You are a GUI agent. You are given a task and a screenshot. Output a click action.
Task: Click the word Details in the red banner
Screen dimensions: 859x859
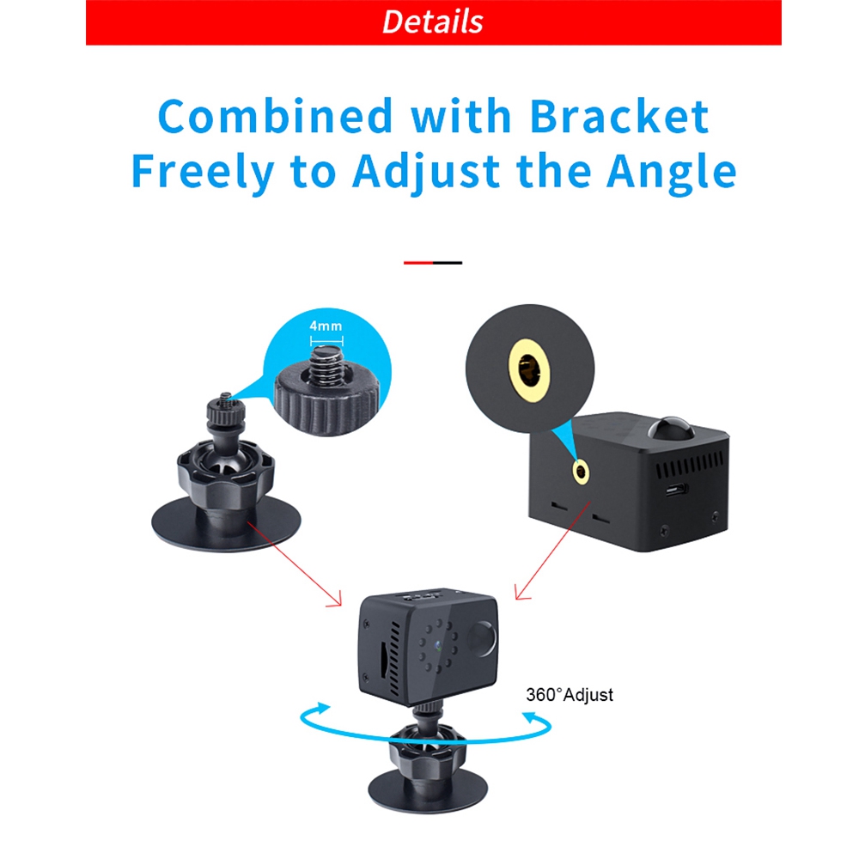tap(432, 22)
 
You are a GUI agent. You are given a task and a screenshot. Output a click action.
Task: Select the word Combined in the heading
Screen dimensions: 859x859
tap(276, 116)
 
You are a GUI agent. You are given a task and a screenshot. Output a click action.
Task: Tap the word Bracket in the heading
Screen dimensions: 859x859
tap(619, 116)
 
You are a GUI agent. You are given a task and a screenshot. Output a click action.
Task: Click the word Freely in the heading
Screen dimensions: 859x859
tap(203, 172)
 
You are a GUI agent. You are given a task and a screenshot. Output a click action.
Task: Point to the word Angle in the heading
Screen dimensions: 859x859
tap(671, 172)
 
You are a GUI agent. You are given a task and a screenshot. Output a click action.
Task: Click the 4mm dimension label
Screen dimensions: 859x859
tap(326, 326)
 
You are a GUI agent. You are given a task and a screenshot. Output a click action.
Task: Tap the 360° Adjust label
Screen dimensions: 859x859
tap(570, 695)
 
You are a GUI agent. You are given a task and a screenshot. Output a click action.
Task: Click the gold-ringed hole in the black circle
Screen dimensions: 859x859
tap(529, 369)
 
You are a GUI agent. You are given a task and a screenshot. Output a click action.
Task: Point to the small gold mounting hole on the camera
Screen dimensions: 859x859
tap(582, 472)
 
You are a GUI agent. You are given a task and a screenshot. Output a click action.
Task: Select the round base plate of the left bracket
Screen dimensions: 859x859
tap(226, 524)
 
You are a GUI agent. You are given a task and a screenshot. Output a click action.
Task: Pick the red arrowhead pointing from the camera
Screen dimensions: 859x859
tap(521, 593)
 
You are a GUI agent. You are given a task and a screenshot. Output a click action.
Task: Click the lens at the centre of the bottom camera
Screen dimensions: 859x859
tap(439, 645)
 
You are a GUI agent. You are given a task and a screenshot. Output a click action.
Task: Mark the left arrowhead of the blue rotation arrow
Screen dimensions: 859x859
tap(321, 708)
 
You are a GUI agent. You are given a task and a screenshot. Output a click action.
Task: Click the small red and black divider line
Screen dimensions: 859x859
tap(433, 263)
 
